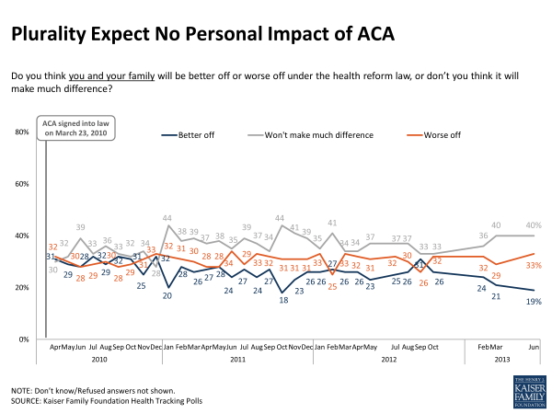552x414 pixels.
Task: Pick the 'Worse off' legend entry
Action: tap(445, 135)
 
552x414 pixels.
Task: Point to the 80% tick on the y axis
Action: tap(23, 132)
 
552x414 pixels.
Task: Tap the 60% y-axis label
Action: tap(23, 184)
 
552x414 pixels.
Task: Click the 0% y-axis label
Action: tap(25, 339)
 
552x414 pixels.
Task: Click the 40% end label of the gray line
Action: tap(534, 226)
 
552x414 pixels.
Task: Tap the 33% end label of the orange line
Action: tap(534, 265)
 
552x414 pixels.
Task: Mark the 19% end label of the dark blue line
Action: tap(534, 301)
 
